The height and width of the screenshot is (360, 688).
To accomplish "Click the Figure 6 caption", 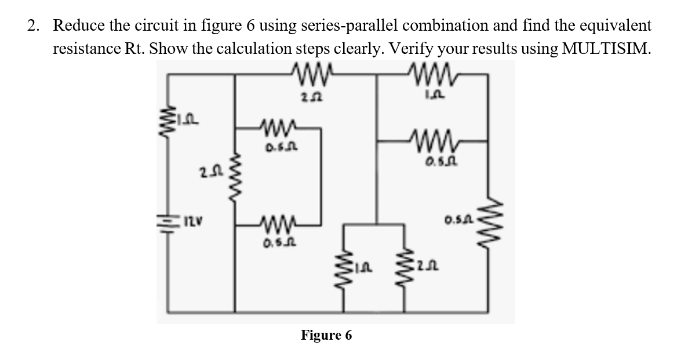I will (326, 335).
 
